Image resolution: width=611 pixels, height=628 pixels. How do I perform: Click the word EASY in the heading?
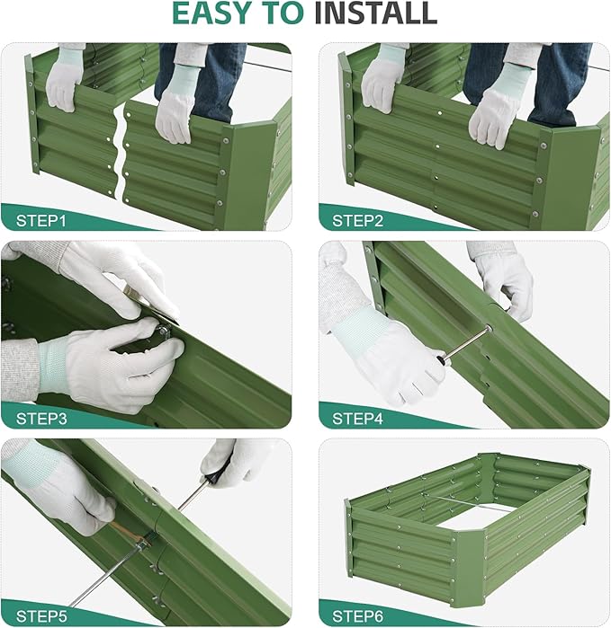(x=213, y=15)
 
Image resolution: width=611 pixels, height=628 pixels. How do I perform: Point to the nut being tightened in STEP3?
(x=164, y=334)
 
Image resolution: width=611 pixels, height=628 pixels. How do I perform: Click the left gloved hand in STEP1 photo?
(x=65, y=79)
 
